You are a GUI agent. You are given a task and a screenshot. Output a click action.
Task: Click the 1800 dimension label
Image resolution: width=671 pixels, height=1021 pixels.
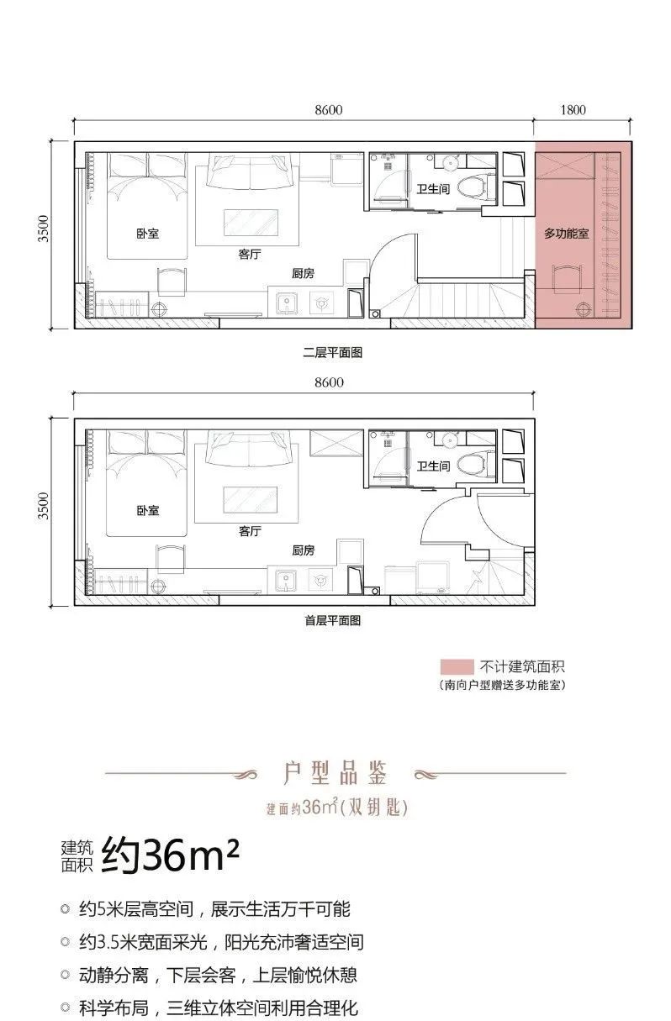pos(574,110)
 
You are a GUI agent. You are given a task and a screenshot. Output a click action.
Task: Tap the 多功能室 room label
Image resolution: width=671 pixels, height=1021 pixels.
pos(567,234)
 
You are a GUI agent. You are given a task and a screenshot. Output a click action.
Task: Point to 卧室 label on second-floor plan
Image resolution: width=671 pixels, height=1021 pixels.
pos(148,234)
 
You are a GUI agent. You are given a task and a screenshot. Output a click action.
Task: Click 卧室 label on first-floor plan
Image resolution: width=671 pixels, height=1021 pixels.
pos(148,510)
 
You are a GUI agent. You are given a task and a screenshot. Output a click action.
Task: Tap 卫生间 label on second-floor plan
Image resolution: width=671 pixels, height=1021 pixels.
pos(433,190)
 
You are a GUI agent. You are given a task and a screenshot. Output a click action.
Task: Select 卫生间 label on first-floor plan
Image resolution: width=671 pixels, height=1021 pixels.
pos(433,466)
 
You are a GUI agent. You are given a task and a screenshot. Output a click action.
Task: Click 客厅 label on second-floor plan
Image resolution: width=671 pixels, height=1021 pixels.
pos(250,255)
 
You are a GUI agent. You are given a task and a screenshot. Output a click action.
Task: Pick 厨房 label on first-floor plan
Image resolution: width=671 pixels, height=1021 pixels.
pos(303,550)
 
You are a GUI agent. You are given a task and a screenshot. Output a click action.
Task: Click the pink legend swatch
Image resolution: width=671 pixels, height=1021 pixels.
pos(452,666)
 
